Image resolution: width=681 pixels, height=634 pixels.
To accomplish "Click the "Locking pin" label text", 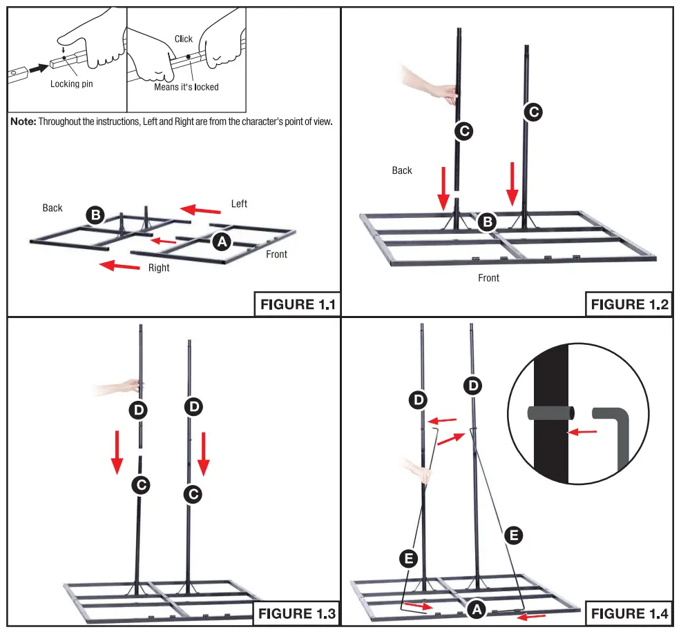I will pyautogui.click(x=71, y=84).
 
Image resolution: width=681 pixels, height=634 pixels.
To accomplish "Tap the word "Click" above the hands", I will pyautogui.click(x=184, y=39).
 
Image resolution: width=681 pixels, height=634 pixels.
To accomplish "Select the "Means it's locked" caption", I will pyautogui.click(x=186, y=87).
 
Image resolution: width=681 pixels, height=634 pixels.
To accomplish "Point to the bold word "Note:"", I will pyautogui.click(x=23, y=121).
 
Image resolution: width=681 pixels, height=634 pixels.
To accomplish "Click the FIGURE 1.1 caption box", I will pyautogui.click(x=296, y=304).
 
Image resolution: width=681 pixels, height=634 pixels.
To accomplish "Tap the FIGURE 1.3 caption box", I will pyautogui.click(x=296, y=613).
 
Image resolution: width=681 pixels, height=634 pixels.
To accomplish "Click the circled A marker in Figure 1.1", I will pyautogui.click(x=221, y=241).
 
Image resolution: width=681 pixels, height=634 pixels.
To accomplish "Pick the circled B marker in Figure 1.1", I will pyautogui.click(x=95, y=215).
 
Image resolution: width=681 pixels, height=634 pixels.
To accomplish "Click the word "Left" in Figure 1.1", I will pyautogui.click(x=239, y=204).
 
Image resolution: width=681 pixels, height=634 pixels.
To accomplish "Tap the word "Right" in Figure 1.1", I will pyautogui.click(x=159, y=268).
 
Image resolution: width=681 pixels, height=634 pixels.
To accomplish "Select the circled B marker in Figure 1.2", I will pyautogui.click(x=488, y=222).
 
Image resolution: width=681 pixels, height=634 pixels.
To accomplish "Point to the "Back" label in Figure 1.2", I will pyautogui.click(x=402, y=170).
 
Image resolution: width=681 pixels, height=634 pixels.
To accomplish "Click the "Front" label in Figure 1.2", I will pyautogui.click(x=488, y=278).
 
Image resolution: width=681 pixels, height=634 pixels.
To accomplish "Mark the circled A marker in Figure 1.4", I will pyautogui.click(x=474, y=609).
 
